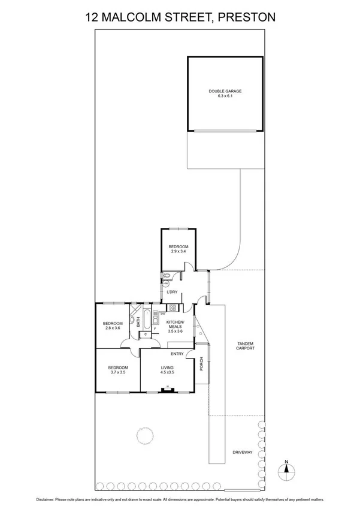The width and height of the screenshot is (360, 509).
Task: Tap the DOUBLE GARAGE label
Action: pyautogui.click(x=225, y=91)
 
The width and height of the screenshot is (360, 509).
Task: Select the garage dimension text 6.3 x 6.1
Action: pyautogui.click(x=225, y=97)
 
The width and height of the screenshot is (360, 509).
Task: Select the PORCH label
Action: pyautogui.click(x=201, y=364)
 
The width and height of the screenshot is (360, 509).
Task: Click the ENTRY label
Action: pyautogui.click(x=177, y=353)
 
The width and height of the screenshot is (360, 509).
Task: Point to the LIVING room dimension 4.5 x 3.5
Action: pyautogui.click(x=167, y=372)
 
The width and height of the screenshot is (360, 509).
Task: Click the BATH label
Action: pyautogui.click(x=138, y=321)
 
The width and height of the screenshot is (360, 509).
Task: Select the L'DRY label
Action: pyautogui.click(x=173, y=292)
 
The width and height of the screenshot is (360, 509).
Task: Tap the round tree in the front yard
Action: pyautogui.click(x=144, y=435)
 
